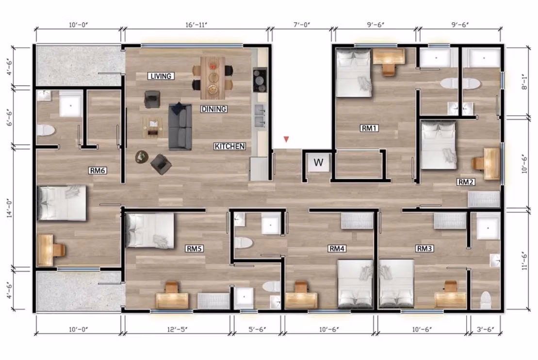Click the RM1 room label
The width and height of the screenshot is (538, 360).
369,128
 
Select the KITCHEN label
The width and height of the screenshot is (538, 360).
230,146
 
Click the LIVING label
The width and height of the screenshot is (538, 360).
161,76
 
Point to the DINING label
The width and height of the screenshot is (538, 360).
213,109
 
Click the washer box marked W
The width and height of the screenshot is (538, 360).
318,163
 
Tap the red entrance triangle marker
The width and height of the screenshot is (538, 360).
286,140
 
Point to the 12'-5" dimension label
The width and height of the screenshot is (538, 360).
177,330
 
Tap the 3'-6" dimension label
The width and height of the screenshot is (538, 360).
485,330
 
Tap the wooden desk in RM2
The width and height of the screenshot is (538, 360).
491,164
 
